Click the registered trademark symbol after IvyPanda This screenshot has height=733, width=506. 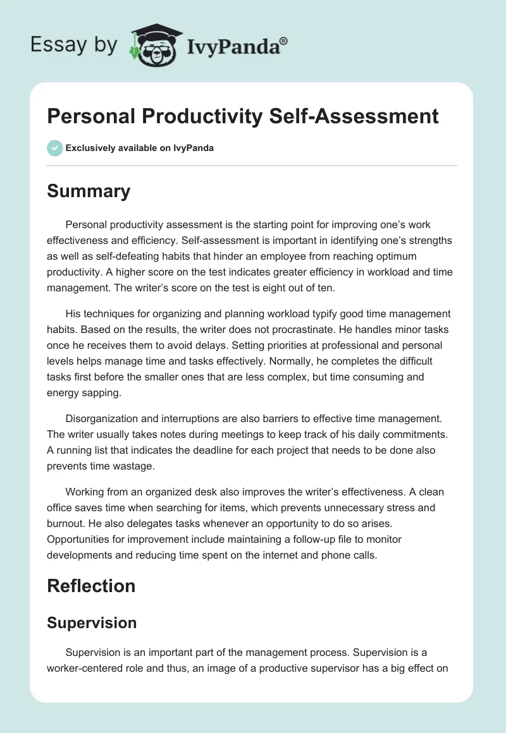(x=284, y=41)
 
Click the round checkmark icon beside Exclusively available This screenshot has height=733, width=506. (x=54, y=148)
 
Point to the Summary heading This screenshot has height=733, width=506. (x=89, y=191)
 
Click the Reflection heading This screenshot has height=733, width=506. (x=91, y=586)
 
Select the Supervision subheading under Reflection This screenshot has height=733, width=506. (x=92, y=622)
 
